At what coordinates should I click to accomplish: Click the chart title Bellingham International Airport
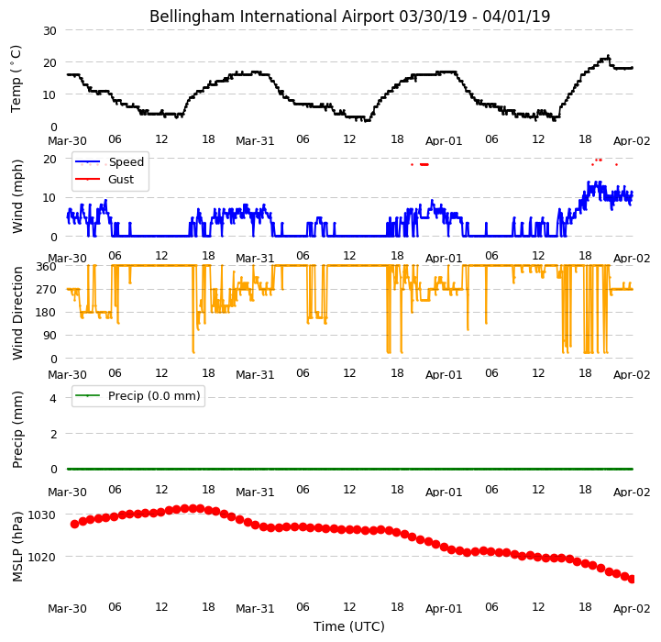[x=272, y=17]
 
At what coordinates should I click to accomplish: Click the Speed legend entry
[x=109, y=162]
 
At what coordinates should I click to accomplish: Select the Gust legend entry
[x=105, y=179]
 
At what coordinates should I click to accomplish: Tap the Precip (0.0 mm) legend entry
[x=137, y=395]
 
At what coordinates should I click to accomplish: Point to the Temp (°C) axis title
[x=16, y=79]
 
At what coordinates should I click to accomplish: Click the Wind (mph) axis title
[x=17, y=196]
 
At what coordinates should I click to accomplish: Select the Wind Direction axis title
[x=17, y=313]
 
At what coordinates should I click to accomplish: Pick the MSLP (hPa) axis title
[x=17, y=547]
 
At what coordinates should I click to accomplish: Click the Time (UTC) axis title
[x=349, y=626]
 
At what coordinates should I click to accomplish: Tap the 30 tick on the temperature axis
[x=50, y=31]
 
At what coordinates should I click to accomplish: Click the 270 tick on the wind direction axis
[x=48, y=290]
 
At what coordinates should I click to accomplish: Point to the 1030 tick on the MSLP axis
[x=42, y=515]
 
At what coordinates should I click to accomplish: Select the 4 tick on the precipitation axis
[x=53, y=398]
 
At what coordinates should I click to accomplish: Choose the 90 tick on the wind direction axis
[x=50, y=336]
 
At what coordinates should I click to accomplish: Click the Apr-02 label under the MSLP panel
[x=632, y=609]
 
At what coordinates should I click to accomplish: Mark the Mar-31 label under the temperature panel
[x=255, y=141]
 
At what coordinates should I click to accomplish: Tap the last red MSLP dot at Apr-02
[x=632, y=580]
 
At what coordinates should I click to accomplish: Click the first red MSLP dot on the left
[x=74, y=525]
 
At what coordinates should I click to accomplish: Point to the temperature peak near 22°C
[x=608, y=56]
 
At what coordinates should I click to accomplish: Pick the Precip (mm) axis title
[x=17, y=429]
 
